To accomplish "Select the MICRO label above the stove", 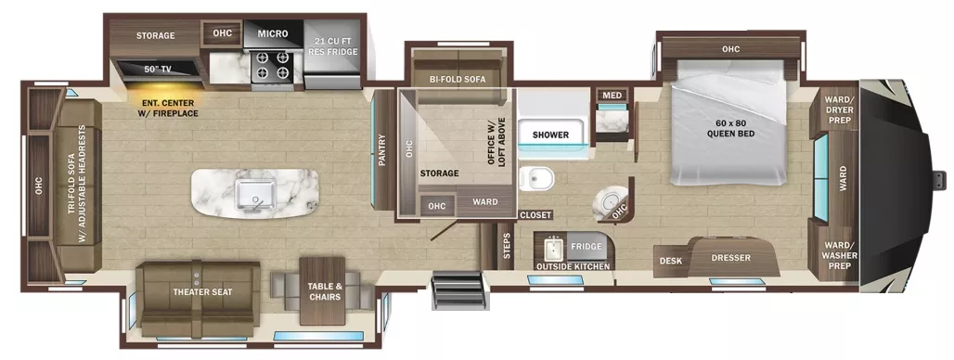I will tap(272, 34).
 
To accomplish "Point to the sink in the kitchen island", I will tap(252, 193).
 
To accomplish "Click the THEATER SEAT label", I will tap(201, 292).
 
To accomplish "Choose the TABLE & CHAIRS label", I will tap(324, 291).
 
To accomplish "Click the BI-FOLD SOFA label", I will tap(458, 80).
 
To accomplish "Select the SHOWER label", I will tap(550, 135).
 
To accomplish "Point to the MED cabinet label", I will tap(612, 96).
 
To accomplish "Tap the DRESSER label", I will tap(730, 258).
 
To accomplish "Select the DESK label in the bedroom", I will tap(670, 261).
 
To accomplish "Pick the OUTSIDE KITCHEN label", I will tap(573, 267).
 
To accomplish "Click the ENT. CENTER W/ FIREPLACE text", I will tap(169, 108).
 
